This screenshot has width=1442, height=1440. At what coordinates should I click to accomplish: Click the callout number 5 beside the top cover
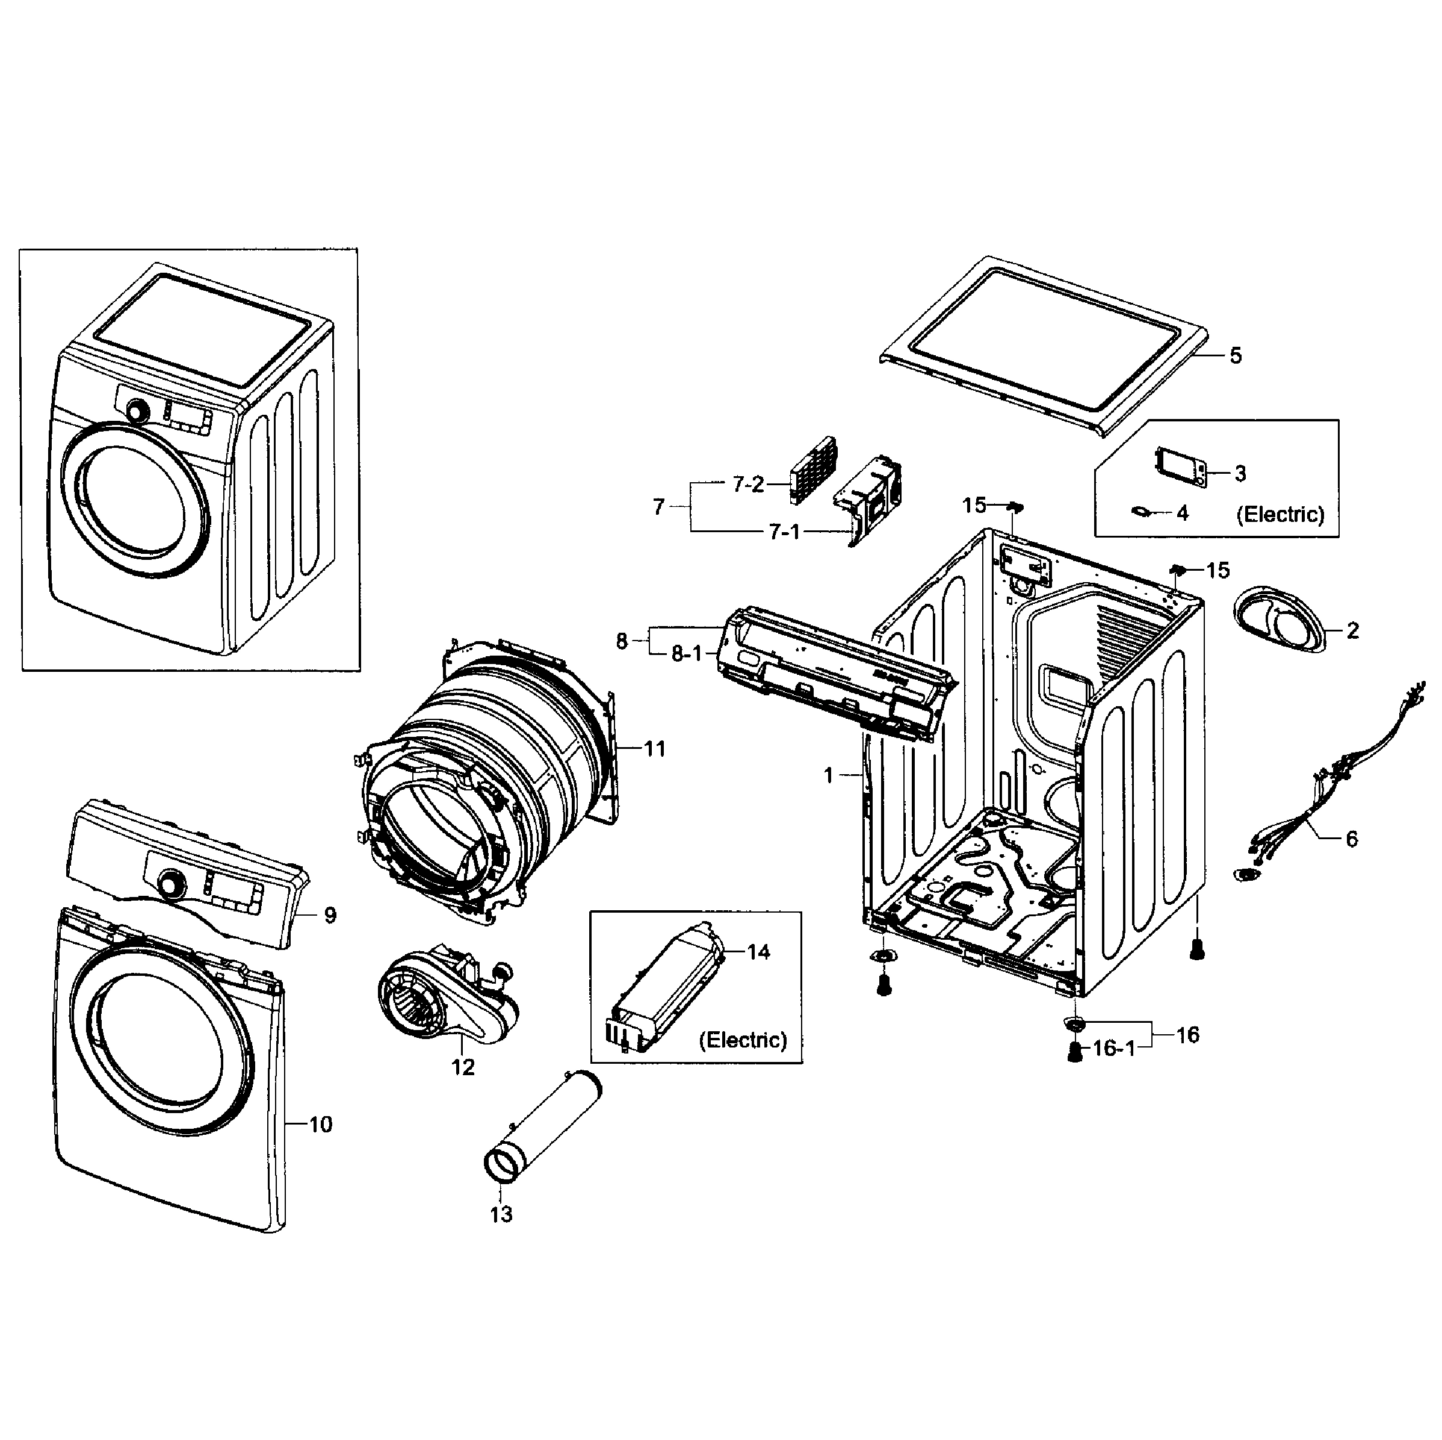1236,356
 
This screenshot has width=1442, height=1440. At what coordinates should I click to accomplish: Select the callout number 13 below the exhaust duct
501,1215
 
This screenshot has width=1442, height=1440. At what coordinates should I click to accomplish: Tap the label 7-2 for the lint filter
748,485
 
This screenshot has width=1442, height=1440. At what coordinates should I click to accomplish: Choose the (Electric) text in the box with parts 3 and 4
1280,514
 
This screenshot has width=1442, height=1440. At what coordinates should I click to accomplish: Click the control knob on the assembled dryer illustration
137,411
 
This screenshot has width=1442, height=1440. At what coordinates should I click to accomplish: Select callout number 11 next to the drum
655,749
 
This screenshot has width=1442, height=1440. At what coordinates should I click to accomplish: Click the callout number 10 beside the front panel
320,1125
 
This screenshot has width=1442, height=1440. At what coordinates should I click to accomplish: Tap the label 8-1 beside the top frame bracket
686,654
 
